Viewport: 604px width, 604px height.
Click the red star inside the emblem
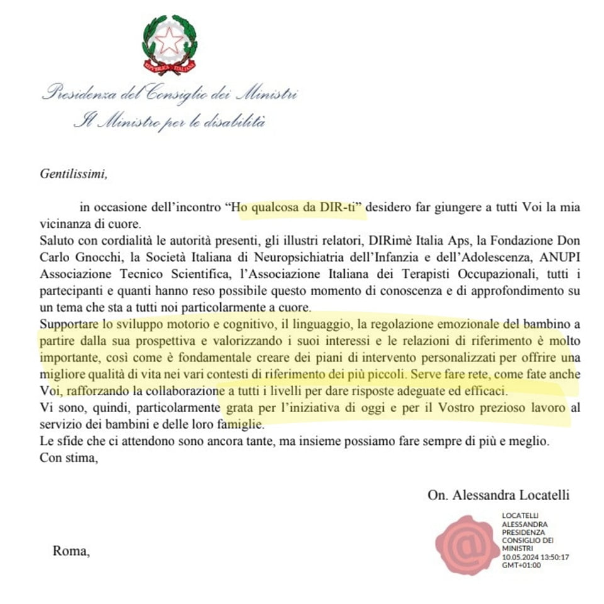[169, 42]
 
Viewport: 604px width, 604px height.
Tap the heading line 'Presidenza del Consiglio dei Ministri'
[169, 95]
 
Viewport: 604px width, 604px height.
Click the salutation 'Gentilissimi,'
[74, 174]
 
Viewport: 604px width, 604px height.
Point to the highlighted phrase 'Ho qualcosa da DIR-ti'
[298, 207]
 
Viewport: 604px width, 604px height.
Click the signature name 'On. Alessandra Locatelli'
[498, 495]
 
